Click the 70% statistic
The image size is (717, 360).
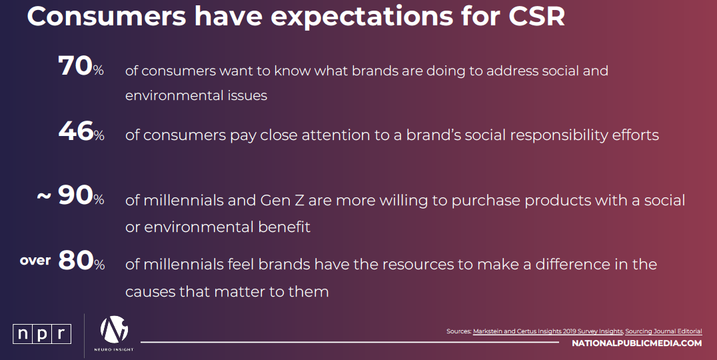(x=81, y=66)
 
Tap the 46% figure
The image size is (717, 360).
(x=81, y=131)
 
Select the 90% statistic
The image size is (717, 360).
(x=81, y=196)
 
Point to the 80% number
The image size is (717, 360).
(x=81, y=261)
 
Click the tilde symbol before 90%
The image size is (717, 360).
(x=44, y=196)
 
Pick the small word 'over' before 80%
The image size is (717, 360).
(x=35, y=260)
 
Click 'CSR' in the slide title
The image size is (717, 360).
(x=536, y=17)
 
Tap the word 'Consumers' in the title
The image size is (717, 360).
(x=107, y=17)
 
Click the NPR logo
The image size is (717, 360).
(x=42, y=334)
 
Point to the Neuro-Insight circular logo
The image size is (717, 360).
(x=114, y=329)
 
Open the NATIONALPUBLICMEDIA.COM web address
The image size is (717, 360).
(x=636, y=343)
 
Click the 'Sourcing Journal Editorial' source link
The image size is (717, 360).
(x=664, y=331)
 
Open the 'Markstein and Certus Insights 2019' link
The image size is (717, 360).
(x=548, y=331)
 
